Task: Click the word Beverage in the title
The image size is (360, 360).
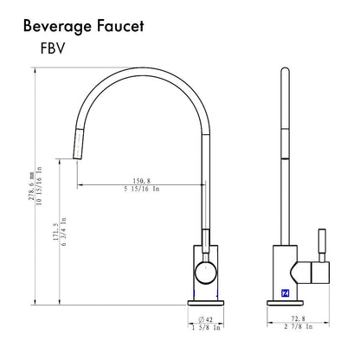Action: (x=57, y=27)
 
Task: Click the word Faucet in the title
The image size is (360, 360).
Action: (x=120, y=26)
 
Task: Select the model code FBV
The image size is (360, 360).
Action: (x=53, y=48)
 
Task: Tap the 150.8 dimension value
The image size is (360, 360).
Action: (x=141, y=181)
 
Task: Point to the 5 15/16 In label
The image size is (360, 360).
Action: (x=142, y=189)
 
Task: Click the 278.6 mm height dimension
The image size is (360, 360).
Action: (x=31, y=186)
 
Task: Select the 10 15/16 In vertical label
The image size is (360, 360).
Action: (x=39, y=186)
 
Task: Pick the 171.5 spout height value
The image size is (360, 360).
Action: (x=55, y=232)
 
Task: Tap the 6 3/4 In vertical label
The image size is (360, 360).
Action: (x=63, y=232)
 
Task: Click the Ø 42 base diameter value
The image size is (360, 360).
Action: (x=205, y=319)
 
